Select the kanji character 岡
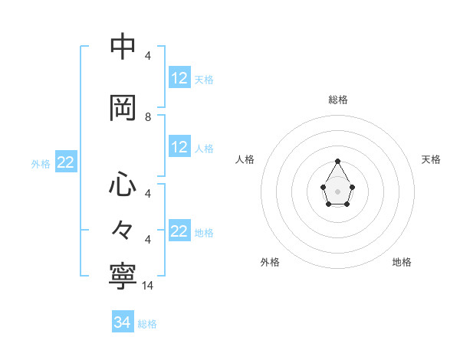(x=123, y=107)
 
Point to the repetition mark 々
(x=123, y=229)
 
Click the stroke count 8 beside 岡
(x=148, y=117)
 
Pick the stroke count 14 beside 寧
(x=148, y=285)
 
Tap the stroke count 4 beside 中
(x=148, y=56)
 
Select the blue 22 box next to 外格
(x=65, y=162)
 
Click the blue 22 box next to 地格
(x=179, y=231)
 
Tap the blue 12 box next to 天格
(x=179, y=77)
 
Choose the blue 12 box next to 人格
(x=179, y=147)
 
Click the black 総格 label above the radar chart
(x=338, y=100)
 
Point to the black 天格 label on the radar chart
(x=431, y=159)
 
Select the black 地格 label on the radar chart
(x=402, y=262)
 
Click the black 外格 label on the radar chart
(x=270, y=262)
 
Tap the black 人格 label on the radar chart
(x=245, y=159)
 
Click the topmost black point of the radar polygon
(x=338, y=161)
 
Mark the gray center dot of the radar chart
(x=338, y=190)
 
